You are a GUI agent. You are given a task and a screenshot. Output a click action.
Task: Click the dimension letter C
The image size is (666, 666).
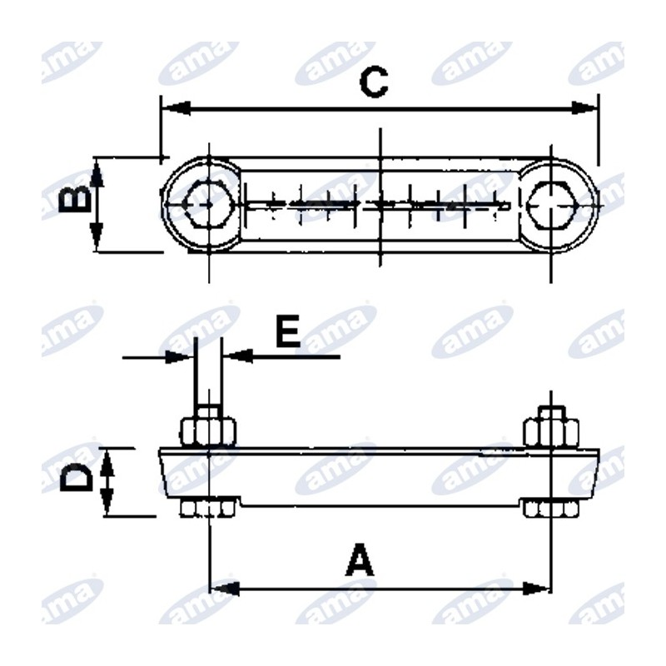373,82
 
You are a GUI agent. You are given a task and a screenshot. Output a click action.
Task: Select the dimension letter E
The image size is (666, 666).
288,330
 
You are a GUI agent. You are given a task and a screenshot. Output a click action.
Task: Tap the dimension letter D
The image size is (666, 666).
76,477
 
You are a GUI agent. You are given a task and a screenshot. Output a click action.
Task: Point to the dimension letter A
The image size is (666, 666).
360,559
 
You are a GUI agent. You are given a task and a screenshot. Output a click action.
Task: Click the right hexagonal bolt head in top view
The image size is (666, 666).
551,206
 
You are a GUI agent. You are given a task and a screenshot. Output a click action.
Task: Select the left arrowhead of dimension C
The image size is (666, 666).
176,108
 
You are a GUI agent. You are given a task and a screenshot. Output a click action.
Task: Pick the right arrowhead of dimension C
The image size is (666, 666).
584,108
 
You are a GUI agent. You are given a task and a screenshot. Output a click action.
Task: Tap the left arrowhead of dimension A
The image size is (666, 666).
224,589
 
